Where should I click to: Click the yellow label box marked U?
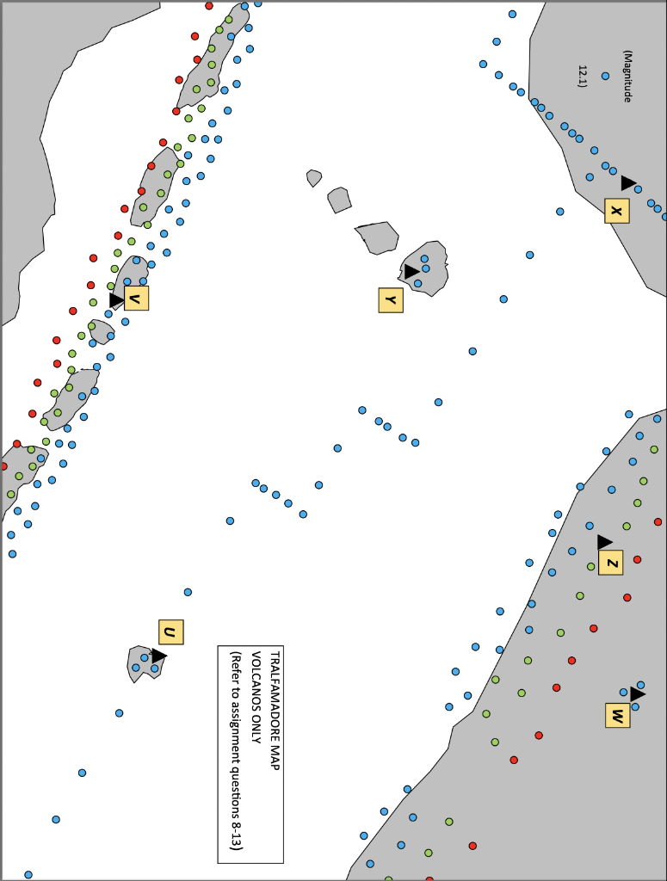(x=170, y=632)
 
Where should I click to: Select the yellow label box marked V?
(x=136, y=298)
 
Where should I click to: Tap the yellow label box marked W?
(x=617, y=715)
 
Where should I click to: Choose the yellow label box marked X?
(x=616, y=211)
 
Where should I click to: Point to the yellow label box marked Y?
(x=391, y=299)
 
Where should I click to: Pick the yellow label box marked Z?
(x=610, y=564)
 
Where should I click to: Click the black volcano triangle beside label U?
(x=158, y=656)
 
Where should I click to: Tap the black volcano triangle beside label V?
(x=116, y=299)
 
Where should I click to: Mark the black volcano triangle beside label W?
(x=637, y=693)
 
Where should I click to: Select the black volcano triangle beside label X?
(x=628, y=183)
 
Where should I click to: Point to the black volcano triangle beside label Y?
(x=411, y=272)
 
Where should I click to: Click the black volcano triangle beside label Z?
(x=604, y=542)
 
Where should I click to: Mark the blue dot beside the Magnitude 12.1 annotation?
(x=605, y=76)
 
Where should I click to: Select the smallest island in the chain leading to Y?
(x=313, y=178)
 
